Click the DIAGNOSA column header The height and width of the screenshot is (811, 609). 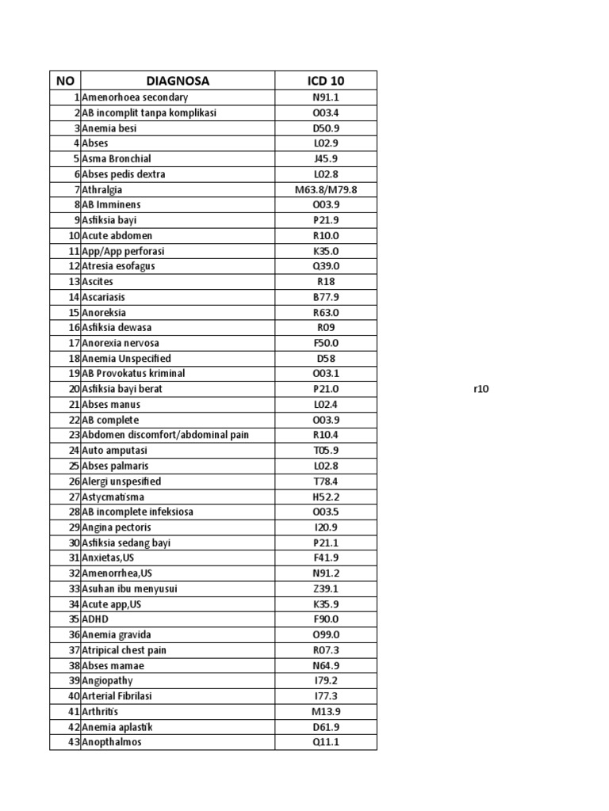178,81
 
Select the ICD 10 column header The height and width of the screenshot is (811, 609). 326,81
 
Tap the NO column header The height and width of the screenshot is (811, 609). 64,81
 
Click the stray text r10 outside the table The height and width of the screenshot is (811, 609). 481,389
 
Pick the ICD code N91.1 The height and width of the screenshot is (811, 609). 326,97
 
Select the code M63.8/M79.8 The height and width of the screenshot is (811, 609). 326,189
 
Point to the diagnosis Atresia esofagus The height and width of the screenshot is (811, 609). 118,266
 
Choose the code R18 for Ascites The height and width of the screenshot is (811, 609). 326,281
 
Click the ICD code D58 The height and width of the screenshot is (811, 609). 326,358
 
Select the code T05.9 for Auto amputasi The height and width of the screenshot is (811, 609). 326,451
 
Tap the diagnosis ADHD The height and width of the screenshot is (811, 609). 94,619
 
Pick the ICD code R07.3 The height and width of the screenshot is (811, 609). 326,650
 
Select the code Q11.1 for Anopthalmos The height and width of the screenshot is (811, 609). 326,742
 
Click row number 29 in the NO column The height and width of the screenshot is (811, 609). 74,527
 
